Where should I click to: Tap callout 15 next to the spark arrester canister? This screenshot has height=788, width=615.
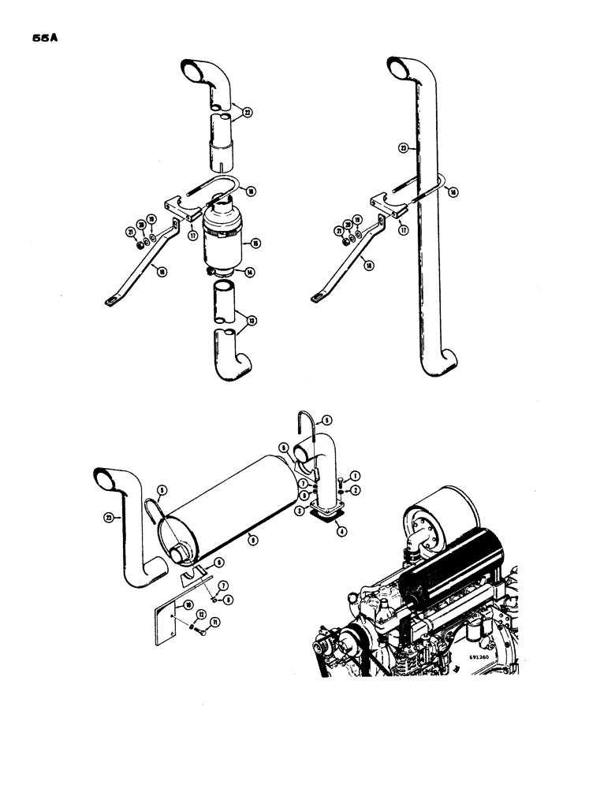click(x=255, y=245)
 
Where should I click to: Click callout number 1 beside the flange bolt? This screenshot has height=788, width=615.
click(x=356, y=476)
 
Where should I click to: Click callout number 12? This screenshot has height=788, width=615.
click(x=202, y=615)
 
